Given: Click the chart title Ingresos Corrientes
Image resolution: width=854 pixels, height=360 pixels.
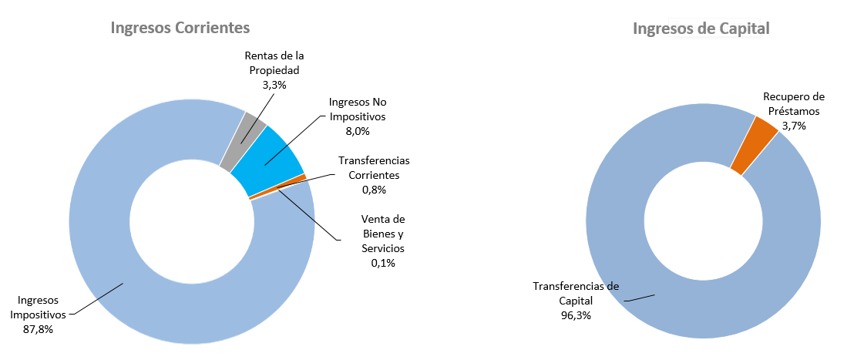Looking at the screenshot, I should [180, 28].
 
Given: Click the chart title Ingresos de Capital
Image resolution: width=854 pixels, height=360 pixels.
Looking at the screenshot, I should [701, 29].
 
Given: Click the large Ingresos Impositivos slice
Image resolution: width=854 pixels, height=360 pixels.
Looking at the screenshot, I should [123, 285].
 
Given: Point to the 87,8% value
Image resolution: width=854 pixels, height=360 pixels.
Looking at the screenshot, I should [38, 329].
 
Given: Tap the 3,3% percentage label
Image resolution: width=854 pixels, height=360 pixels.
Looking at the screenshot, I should [274, 85].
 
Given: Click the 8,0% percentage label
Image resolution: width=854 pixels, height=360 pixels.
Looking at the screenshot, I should [357, 130].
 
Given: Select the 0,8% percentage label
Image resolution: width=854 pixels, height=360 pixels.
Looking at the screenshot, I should [374, 189].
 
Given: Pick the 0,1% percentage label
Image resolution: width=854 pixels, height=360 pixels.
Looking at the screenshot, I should [383, 263].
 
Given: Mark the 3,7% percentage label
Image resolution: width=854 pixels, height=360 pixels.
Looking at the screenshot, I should [794, 125].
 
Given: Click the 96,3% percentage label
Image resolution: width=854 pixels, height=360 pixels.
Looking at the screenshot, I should [577, 315].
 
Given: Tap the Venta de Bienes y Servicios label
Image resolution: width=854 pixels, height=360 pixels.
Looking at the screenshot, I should [383, 234].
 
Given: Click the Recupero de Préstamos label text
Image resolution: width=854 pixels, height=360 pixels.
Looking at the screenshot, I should [794, 103].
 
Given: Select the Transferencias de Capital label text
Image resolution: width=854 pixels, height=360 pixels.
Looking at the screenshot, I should [576, 293].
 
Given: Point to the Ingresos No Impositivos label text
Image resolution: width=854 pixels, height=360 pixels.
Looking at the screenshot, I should [357, 109].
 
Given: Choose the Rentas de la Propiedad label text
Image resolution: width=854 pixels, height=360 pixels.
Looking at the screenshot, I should [274, 63].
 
